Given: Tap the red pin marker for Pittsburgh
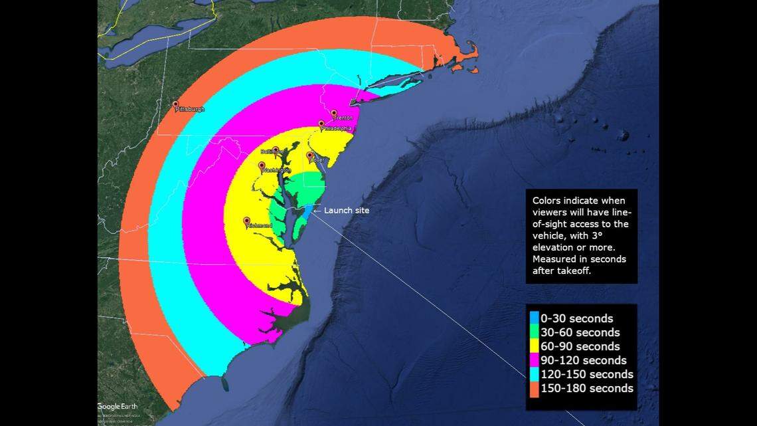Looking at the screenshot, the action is (x=176, y=104).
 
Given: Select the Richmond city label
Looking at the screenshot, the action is (x=260, y=226).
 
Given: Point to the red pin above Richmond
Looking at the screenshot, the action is (x=247, y=220).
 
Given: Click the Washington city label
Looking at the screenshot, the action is (x=277, y=171).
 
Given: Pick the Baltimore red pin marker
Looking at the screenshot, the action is (x=276, y=150).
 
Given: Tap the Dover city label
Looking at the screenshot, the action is (x=317, y=160).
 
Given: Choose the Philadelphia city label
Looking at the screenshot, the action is (x=336, y=129).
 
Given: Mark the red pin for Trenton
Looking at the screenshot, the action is (x=334, y=113).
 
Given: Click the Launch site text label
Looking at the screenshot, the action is (x=347, y=211).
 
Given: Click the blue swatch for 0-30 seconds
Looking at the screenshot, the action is (x=534, y=319).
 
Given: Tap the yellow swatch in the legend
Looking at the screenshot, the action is (x=534, y=346).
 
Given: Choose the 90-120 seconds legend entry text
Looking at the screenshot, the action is (x=583, y=360).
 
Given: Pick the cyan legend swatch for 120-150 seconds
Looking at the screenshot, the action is (x=534, y=374).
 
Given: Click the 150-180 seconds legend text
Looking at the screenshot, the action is (x=586, y=388).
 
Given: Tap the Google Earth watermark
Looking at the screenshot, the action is (x=117, y=406).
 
